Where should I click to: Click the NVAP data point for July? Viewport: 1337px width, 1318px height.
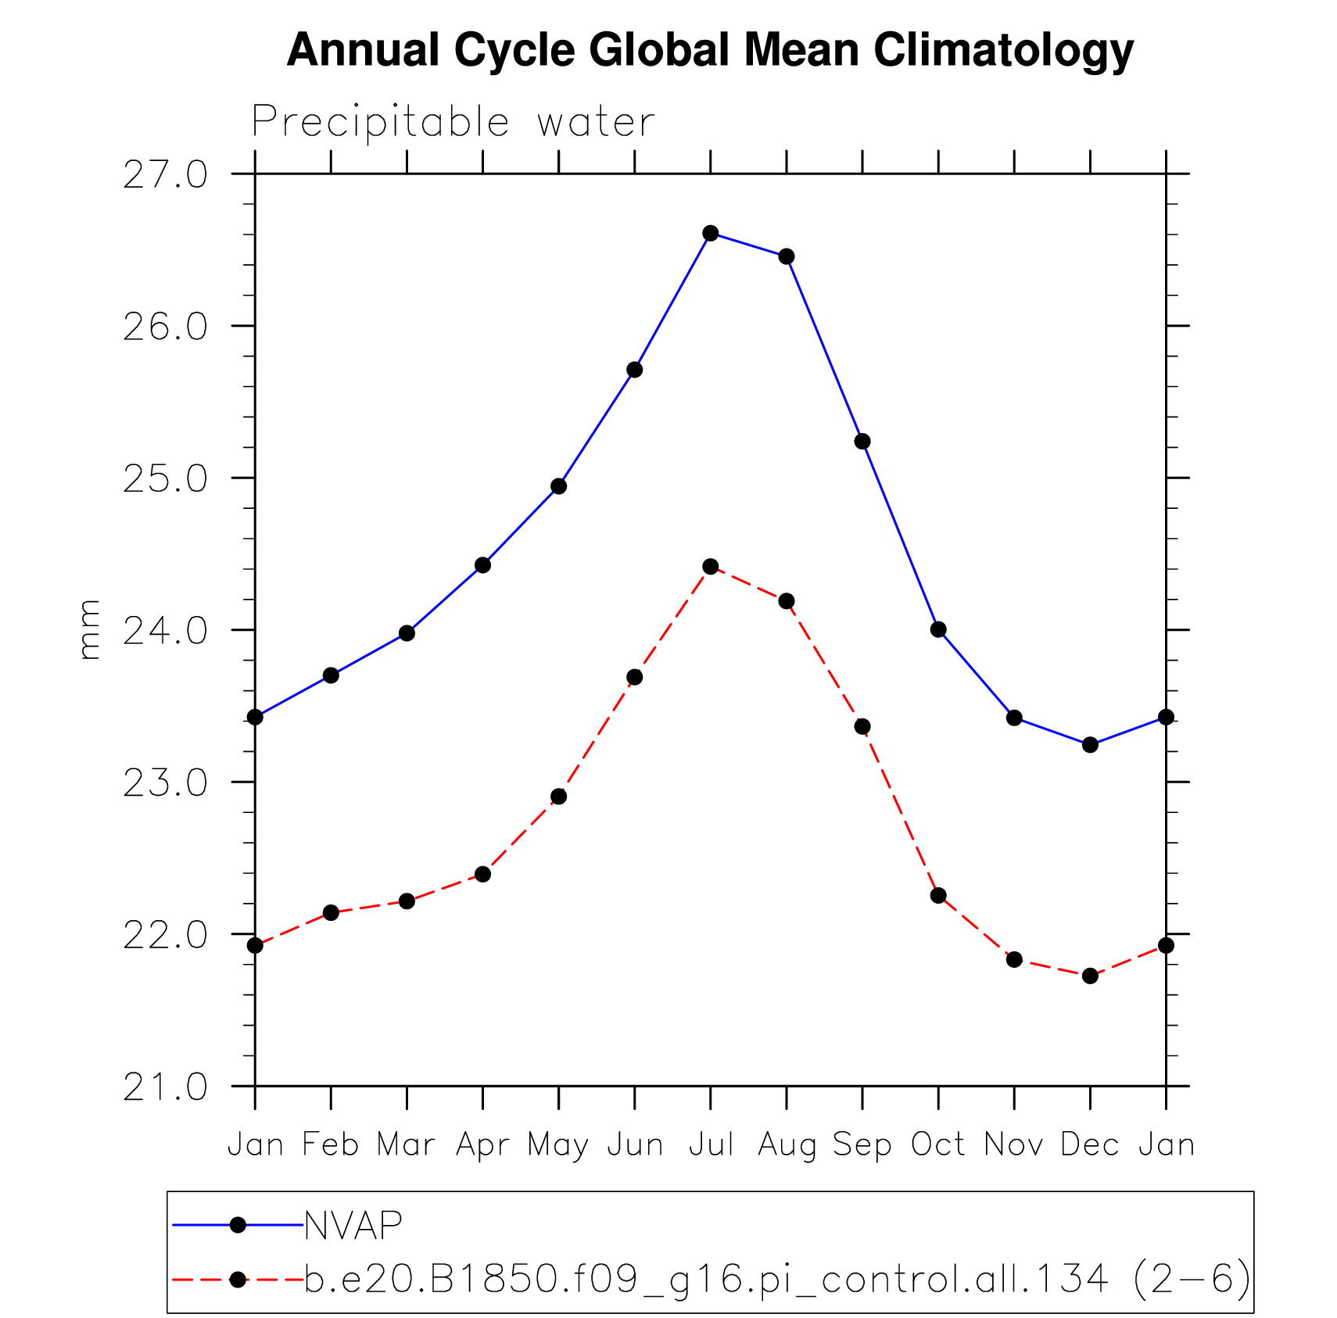(710, 233)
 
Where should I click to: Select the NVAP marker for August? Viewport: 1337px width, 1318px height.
(786, 256)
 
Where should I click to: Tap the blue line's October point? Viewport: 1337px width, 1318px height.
(938, 629)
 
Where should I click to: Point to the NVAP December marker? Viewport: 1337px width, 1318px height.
(1090, 745)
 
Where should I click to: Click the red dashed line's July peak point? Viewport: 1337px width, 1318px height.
(710, 567)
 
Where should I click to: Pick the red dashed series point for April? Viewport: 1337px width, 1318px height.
(482, 874)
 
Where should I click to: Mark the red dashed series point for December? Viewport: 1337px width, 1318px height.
(1090, 976)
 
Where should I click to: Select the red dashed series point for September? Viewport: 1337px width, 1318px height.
(862, 727)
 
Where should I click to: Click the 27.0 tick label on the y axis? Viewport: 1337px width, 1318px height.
(165, 174)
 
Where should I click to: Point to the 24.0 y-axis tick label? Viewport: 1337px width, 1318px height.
(165, 630)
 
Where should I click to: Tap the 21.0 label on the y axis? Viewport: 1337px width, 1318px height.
(165, 1087)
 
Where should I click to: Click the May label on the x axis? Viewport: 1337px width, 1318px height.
(557, 1146)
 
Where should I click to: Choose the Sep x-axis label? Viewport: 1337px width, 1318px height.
(862, 1145)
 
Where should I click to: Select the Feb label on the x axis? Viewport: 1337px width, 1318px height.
(330, 1145)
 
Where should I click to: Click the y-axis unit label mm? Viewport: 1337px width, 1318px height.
(90, 629)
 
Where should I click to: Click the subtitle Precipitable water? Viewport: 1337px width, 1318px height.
(453, 123)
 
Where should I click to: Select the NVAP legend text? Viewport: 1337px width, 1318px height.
(353, 1226)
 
